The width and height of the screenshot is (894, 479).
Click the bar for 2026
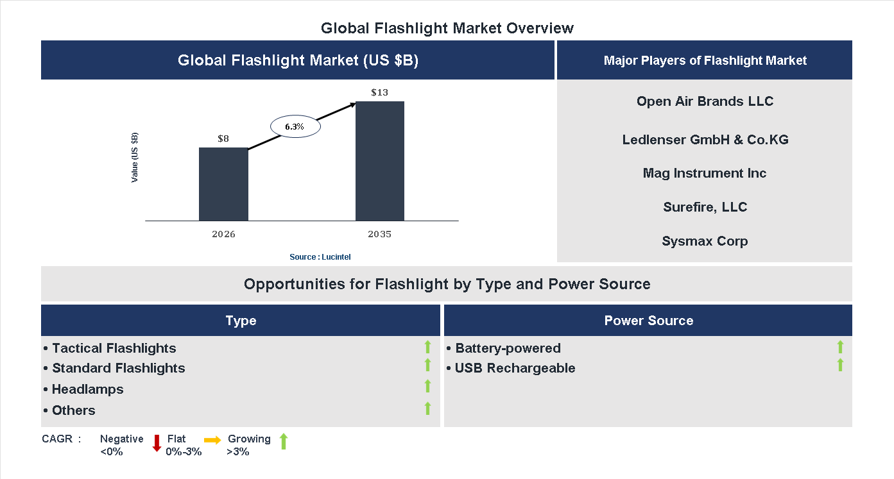click(223, 185)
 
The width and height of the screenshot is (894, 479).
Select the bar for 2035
click(380, 161)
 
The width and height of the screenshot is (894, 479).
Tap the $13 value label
click(379, 92)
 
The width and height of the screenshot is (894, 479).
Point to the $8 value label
click(223, 138)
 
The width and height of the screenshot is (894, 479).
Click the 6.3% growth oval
click(295, 126)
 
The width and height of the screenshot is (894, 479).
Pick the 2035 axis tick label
click(379, 234)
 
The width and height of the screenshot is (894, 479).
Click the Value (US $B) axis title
click(135, 158)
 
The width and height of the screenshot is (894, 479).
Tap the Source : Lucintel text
click(320, 256)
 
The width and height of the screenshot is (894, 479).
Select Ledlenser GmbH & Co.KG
click(705, 139)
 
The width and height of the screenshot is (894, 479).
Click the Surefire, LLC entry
click(705, 207)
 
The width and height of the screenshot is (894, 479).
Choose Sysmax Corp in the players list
click(705, 241)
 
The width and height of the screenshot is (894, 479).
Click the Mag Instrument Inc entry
click(705, 173)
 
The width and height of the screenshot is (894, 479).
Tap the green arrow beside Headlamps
click(427, 386)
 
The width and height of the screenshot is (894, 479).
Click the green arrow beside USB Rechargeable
click(840, 365)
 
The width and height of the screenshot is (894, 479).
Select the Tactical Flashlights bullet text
click(114, 348)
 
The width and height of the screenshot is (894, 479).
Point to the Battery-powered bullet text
click(507, 348)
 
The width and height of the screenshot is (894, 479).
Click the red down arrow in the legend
click(157, 443)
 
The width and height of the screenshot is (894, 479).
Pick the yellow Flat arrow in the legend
click(212, 440)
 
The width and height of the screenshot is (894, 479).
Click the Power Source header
click(648, 321)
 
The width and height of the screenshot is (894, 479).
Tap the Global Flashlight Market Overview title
click(447, 28)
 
